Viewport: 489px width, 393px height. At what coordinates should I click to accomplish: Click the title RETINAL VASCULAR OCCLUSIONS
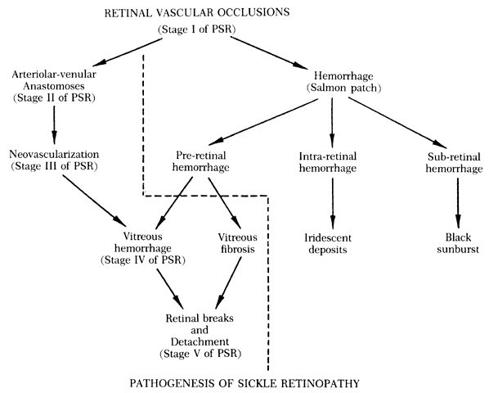197,13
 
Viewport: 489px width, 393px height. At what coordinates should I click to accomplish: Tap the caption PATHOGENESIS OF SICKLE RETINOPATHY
244,383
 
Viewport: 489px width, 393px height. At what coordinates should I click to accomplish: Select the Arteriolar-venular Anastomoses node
54,86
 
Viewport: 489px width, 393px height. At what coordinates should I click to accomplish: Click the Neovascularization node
54,160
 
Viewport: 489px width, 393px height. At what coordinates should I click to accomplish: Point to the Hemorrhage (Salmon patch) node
343,82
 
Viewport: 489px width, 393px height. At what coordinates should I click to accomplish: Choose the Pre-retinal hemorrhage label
200,161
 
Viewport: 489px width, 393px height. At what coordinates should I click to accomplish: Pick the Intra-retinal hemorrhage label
327,162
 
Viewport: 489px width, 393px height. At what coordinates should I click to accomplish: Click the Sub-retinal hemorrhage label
454,163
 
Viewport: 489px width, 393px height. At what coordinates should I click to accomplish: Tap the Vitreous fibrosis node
238,243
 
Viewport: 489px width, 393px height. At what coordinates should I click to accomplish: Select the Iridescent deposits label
328,244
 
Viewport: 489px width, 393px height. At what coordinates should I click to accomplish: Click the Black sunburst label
458,243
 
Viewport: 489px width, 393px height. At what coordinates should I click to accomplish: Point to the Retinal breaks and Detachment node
200,336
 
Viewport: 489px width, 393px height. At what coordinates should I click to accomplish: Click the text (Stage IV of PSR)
143,260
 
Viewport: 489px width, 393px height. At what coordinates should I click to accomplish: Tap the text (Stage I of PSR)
197,29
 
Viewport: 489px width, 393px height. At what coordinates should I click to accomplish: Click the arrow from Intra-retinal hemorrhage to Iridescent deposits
333,204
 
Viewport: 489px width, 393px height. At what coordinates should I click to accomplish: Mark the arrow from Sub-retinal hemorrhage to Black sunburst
458,203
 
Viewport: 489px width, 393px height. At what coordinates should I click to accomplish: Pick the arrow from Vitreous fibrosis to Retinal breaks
228,282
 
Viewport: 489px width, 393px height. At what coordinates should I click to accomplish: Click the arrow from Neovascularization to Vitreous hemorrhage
94,201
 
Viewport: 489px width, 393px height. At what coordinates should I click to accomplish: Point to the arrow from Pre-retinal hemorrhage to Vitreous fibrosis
225,203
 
